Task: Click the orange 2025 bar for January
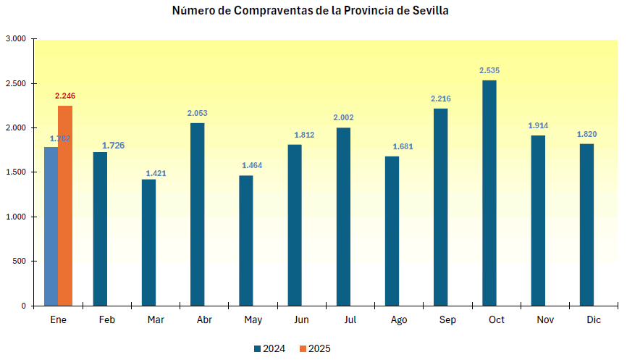65,206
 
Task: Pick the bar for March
148,242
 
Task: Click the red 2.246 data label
65,96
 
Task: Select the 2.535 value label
489,70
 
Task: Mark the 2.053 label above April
197,113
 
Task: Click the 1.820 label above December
586,134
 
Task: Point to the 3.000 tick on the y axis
16,39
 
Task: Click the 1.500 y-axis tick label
16,172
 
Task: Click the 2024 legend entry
269,348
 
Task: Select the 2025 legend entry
315,348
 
